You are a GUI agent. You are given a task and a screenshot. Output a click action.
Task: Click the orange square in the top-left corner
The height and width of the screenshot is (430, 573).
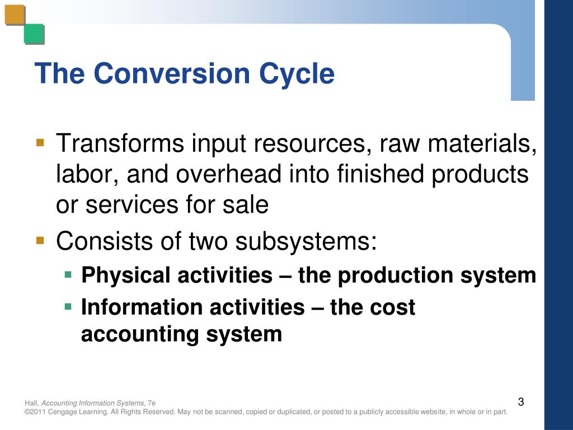pyautogui.click(x=15, y=15)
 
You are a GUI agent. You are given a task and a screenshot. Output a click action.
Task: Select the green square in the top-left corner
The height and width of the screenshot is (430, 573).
pyautogui.click(x=34, y=34)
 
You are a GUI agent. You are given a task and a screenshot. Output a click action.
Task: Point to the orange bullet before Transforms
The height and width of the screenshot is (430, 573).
pyautogui.click(x=40, y=142)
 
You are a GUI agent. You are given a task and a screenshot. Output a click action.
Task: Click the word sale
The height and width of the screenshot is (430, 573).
pyautogui.click(x=247, y=205)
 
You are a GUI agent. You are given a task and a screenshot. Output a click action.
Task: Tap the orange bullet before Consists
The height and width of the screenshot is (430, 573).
pyautogui.click(x=40, y=241)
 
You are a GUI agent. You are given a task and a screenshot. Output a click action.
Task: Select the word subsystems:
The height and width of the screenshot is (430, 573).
pyautogui.click(x=306, y=242)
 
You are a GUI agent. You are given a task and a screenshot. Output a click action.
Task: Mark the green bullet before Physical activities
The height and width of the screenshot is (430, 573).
pyautogui.click(x=68, y=274)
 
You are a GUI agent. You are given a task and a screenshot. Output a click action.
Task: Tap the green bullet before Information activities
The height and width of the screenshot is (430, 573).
pyautogui.click(x=68, y=306)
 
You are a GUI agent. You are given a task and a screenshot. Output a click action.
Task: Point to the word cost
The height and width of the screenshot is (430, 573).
pyautogui.click(x=394, y=307)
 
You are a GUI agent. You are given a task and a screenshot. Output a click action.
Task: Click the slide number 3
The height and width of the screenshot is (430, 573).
pyautogui.click(x=521, y=401)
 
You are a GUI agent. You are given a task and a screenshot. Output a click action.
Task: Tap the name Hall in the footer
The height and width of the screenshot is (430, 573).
pyautogui.click(x=31, y=403)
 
